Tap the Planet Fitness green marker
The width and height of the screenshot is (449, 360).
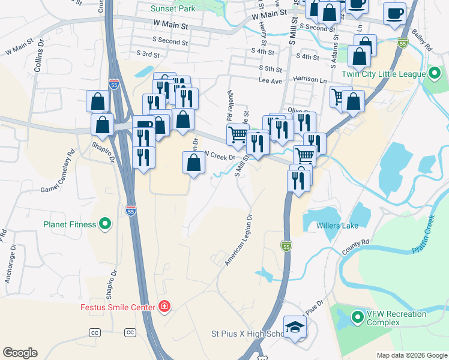pyautogui.click(x=105, y=224)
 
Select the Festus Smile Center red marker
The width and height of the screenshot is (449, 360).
pyautogui.click(x=164, y=307)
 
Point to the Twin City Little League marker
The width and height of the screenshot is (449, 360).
pyautogui.click(x=434, y=74)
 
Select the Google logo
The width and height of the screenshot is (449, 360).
pyautogui.click(x=20, y=353)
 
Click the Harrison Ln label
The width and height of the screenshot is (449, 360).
pyautogui.click(x=310, y=79)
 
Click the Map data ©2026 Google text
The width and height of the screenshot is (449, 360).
pyautogui.click(x=411, y=355)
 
